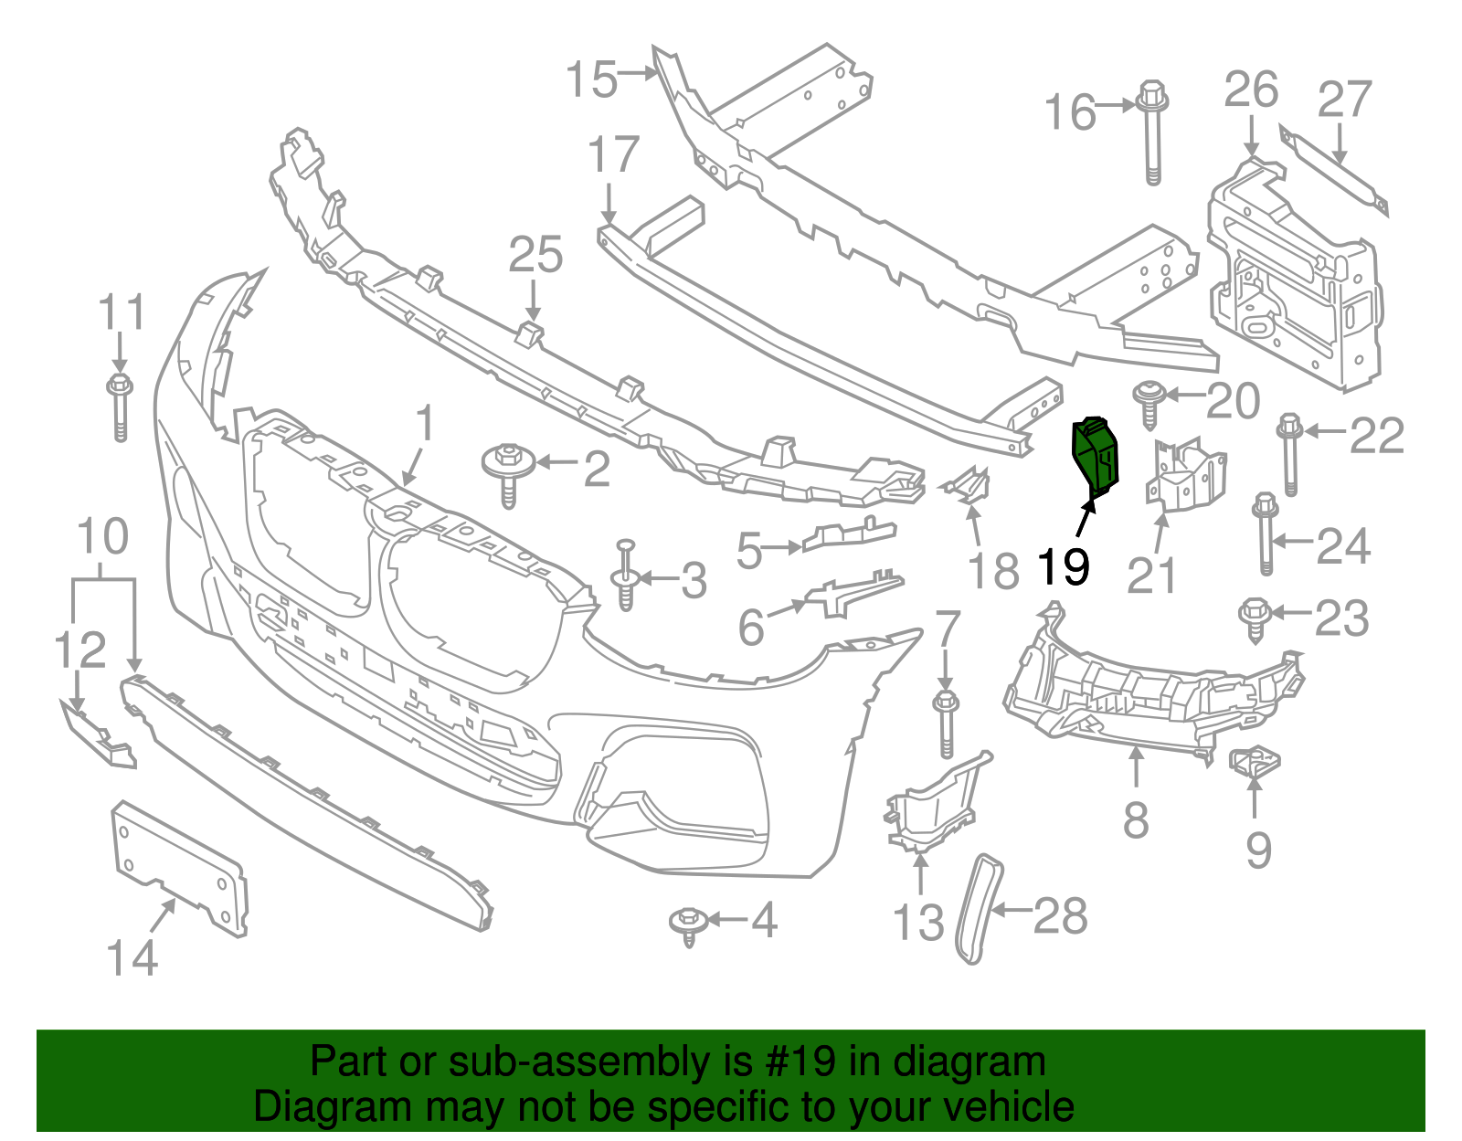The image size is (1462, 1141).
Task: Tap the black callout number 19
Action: pos(1064,567)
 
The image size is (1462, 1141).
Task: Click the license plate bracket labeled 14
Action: pos(179,867)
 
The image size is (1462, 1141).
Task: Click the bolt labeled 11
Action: pos(120,407)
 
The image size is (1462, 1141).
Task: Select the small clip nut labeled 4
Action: pos(688,924)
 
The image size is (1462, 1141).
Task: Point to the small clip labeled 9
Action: pos(1255,761)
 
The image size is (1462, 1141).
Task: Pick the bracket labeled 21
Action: pos(1184,475)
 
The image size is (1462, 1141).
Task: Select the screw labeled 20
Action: pos(1149,403)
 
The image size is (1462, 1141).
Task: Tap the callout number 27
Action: pos(1344,100)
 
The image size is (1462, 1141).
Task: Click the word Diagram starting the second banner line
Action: pos(306,1107)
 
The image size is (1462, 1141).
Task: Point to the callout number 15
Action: pos(591,79)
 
